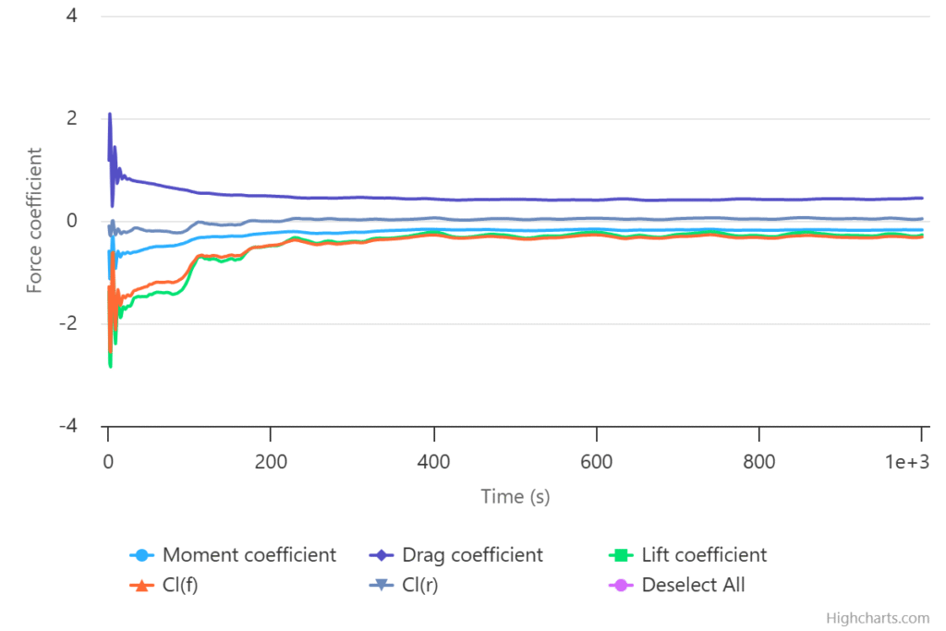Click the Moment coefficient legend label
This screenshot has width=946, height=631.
click(x=249, y=555)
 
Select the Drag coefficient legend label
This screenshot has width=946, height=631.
click(x=472, y=555)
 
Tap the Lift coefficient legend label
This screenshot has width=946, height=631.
click(x=704, y=555)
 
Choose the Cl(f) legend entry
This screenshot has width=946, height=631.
click(x=179, y=585)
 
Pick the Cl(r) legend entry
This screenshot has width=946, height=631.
click(x=419, y=585)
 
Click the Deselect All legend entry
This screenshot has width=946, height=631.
click(x=693, y=585)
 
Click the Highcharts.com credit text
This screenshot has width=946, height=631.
click(x=878, y=618)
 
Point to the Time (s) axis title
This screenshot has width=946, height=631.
click(x=515, y=496)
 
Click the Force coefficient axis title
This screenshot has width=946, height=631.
click(x=34, y=220)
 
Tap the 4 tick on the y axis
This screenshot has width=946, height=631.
click(x=71, y=17)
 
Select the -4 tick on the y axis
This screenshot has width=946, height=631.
click(x=67, y=427)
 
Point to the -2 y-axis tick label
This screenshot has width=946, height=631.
click(x=67, y=324)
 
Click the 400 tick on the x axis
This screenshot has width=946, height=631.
click(x=433, y=460)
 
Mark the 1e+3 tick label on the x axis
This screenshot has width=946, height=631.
click(x=905, y=460)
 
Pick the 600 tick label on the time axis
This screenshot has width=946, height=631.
click(x=596, y=460)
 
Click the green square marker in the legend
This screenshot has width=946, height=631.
click(x=622, y=555)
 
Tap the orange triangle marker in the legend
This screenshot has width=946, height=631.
click(x=141, y=585)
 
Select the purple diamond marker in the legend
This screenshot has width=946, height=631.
click(x=382, y=555)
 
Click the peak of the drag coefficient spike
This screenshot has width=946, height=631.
click(x=110, y=115)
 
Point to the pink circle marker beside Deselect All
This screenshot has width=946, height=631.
click(x=622, y=585)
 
